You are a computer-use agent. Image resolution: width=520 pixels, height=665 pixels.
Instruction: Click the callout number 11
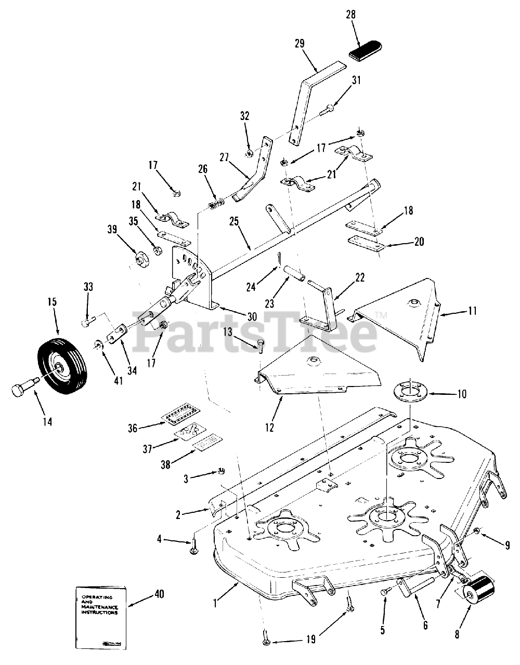(472, 311)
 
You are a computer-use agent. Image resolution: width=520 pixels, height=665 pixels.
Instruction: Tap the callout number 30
(252, 316)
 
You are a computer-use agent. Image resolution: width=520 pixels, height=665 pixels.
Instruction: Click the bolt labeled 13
(261, 344)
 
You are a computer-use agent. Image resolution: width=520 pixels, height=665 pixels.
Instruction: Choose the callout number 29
(299, 43)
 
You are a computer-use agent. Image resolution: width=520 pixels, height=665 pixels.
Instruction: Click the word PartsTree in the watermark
(255, 329)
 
